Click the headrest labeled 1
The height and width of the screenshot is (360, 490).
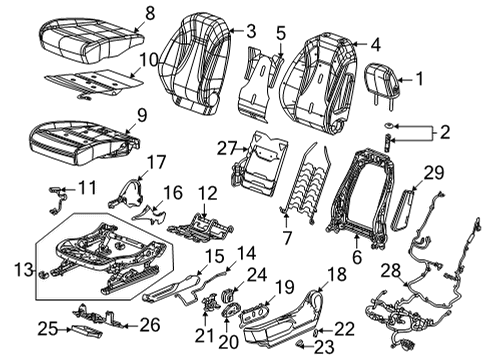tap(384, 77)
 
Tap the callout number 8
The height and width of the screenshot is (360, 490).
tap(150, 13)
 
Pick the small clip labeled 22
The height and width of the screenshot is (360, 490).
tap(316, 328)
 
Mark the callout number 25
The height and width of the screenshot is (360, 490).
tap(44, 327)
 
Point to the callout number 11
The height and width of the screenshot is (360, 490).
tap(88, 186)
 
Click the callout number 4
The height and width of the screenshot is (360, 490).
tap(374, 44)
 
